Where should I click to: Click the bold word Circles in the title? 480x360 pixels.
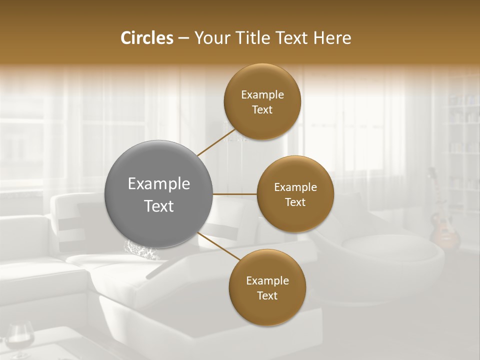146,38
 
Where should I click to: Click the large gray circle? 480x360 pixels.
159,194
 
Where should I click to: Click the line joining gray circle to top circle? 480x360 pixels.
216,142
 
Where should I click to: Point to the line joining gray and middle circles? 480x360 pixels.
235,194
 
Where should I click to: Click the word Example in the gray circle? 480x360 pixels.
159,184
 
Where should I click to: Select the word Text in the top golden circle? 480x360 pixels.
262,110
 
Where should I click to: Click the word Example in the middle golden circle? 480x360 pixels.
295,187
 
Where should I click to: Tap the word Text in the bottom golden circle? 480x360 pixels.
267,296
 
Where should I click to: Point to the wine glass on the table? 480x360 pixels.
20,340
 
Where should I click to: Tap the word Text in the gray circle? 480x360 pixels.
159,206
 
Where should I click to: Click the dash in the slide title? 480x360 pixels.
183,38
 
